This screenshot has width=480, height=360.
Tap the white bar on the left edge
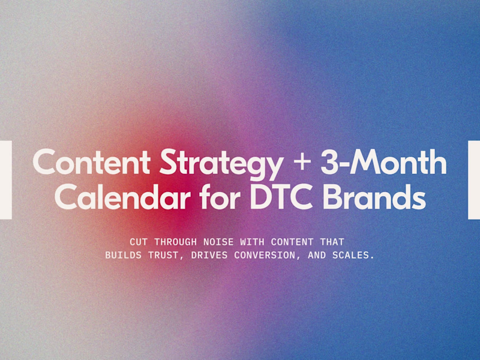coord(5,179)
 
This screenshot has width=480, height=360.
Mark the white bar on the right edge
coord(474,179)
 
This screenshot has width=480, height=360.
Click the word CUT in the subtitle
coord(138,242)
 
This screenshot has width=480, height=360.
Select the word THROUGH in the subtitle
coord(175,242)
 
